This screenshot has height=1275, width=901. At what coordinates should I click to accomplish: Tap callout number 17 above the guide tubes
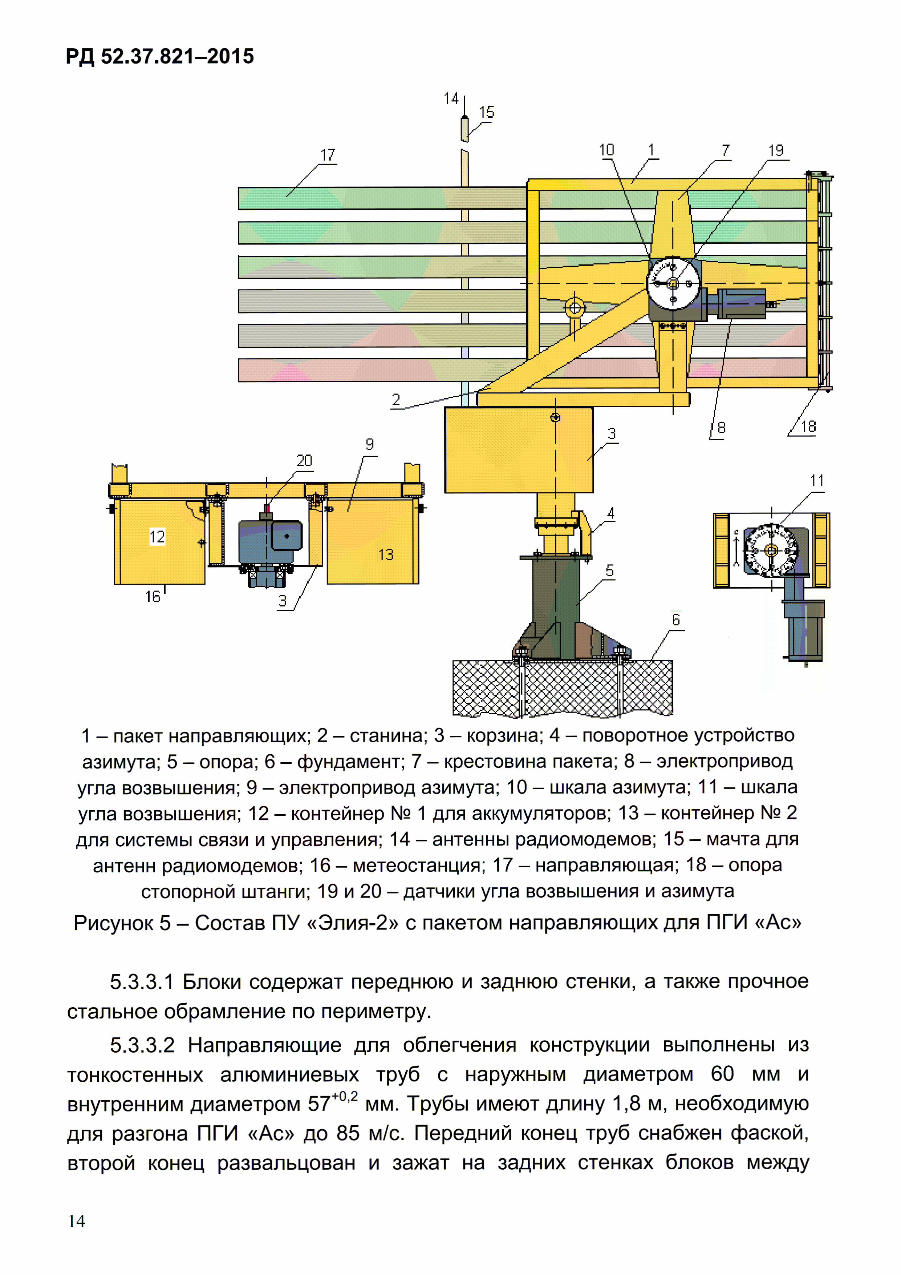(x=328, y=155)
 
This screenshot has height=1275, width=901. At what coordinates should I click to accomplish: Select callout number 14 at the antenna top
(x=451, y=99)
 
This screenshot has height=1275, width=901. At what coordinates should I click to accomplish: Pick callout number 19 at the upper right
(x=776, y=150)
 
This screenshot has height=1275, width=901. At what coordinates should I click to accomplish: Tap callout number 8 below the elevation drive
(x=721, y=427)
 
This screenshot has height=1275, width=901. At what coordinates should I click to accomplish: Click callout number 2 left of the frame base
(x=396, y=399)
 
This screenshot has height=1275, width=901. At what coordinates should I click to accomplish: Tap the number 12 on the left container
(x=157, y=536)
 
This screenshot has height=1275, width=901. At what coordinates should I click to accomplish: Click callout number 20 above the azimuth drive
(x=304, y=460)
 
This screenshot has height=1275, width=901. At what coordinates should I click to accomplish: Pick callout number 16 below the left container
(x=152, y=596)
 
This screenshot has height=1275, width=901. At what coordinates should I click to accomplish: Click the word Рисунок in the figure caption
(x=114, y=923)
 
